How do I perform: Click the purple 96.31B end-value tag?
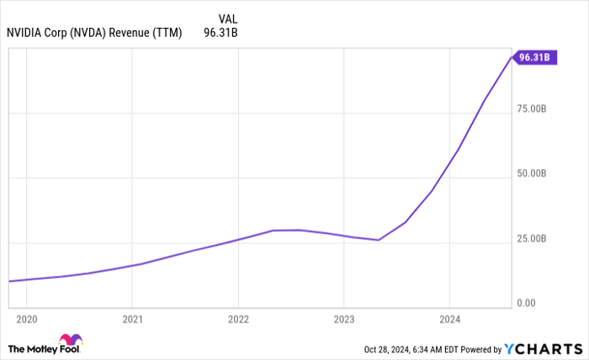[x=536, y=57]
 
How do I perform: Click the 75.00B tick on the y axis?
[x=534, y=109]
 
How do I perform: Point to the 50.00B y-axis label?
[x=534, y=173]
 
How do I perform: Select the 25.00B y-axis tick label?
[x=534, y=239]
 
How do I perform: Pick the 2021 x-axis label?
[x=132, y=320]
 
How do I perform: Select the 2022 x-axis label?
[x=238, y=320]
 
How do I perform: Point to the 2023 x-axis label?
[x=343, y=320]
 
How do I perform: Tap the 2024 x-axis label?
[x=449, y=320]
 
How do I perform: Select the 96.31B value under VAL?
[x=220, y=33]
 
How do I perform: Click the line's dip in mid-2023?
[x=379, y=240]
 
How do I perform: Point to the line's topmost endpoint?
[x=511, y=56]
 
